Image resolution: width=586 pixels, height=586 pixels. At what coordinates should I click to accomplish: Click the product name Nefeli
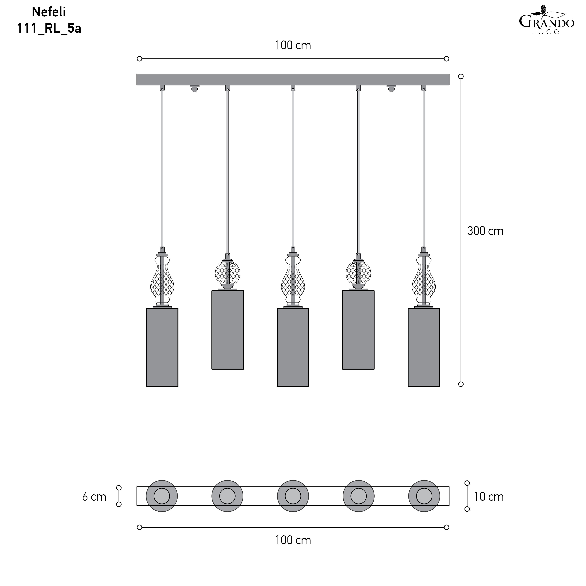(x=49, y=12)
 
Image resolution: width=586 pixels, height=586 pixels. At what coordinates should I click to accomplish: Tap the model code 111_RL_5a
(x=49, y=29)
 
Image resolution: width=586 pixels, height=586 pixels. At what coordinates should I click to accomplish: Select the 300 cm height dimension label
(x=485, y=231)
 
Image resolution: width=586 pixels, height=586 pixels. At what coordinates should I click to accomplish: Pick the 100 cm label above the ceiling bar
(x=293, y=45)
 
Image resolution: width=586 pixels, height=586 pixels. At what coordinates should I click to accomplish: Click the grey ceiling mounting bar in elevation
(x=293, y=80)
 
